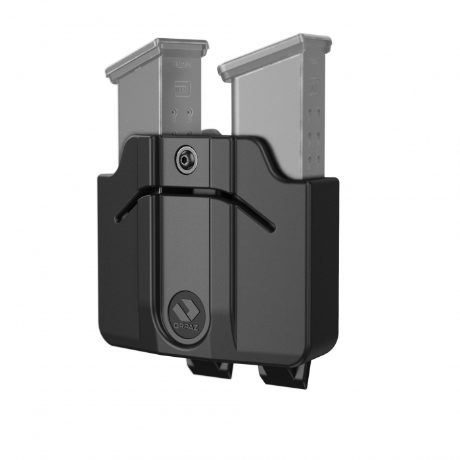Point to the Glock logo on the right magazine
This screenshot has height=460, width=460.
click(315, 86)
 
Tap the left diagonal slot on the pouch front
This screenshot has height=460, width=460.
click(131, 204)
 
